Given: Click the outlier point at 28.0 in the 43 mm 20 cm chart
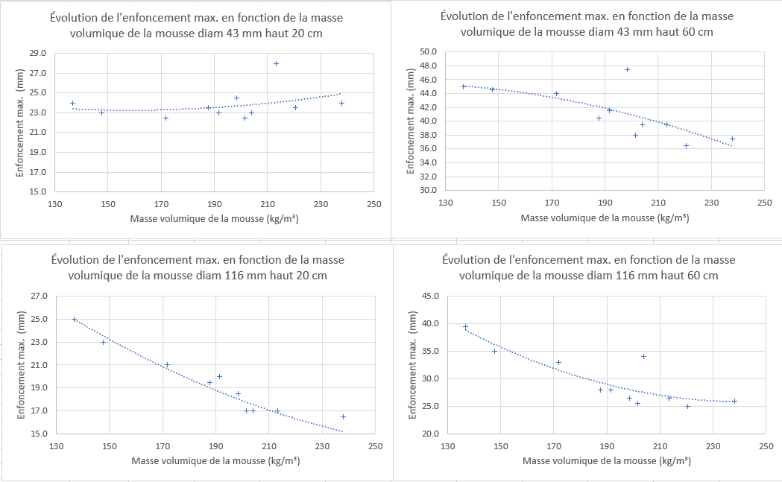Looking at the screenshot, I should pyautogui.click(x=276, y=63).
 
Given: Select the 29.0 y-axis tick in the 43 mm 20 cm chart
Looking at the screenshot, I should pyautogui.click(x=37, y=54).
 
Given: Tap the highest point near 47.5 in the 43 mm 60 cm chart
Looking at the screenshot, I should pyautogui.click(x=627, y=69).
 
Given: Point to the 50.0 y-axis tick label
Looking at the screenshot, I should pyautogui.click(x=427, y=52).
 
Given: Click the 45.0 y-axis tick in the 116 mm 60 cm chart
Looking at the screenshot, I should pyautogui.click(x=430, y=296).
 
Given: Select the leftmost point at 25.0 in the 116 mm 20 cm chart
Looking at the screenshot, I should pyautogui.click(x=74, y=319).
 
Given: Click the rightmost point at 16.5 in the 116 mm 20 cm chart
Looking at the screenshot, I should pyautogui.click(x=343, y=416).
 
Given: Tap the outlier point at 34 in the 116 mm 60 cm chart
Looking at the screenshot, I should pyautogui.click(x=643, y=356).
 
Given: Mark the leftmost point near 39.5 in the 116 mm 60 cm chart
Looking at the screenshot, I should pyautogui.click(x=465, y=326).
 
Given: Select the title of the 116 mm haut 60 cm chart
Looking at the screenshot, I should pyautogui.click(x=588, y=267).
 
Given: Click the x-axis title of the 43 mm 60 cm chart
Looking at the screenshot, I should pyautogui.click(x=605, y=218).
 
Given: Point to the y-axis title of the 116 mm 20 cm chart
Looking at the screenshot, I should pyautogui.click(x=22, y=365).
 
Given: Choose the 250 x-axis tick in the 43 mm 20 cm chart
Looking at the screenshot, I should pyautogui.click(x=373, y=206).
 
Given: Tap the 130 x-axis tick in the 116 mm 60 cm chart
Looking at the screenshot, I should pyautogui.click(x=447, y=447).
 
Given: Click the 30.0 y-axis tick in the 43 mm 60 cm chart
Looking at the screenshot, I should pyautogui.click(x=427, y=190).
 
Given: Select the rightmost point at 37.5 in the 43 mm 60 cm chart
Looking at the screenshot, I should pyautogui.click(x=732, y=139).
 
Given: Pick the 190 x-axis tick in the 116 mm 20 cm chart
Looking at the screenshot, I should pyautogui.click(x=215, y=447).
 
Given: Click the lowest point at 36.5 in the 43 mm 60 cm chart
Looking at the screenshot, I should pyautogui.click(x=686, y=145).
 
